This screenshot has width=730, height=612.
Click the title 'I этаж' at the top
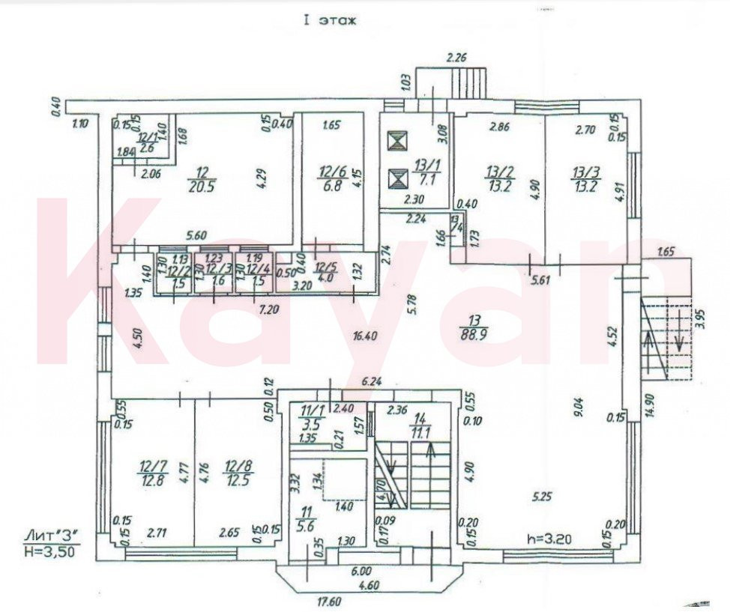329,20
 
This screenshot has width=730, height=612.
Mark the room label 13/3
585,181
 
